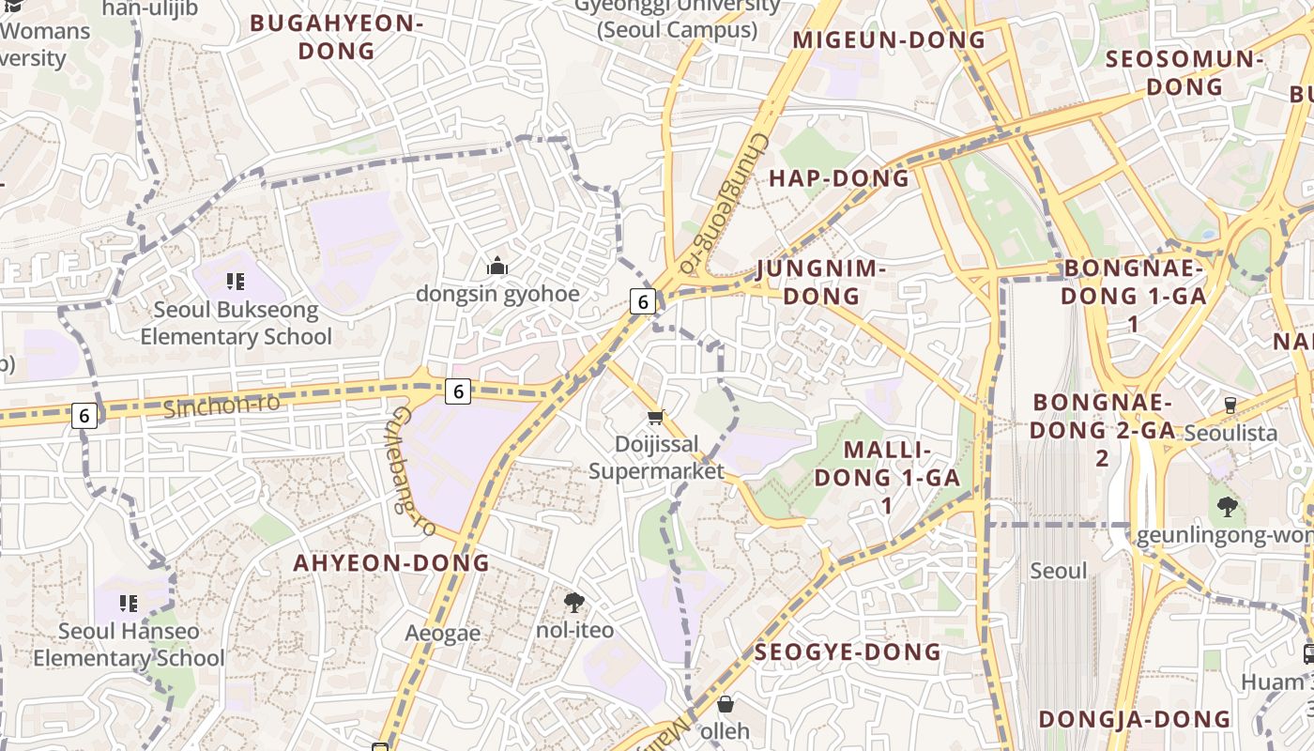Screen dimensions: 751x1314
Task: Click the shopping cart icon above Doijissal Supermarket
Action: (x=655, y=417)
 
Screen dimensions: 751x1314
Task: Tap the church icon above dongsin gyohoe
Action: (x=497, y=267)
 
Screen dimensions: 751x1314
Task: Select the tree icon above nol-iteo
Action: (x=573, y=602)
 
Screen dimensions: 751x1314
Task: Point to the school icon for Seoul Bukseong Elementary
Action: (x=235, y=281)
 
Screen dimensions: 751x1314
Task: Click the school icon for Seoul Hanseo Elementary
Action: (x=129, y=603)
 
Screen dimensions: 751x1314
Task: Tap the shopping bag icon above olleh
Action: (x=725, y=703)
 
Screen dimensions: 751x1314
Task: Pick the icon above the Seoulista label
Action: (x=1230, y=406)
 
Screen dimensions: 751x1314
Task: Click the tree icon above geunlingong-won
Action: (x=1227, y=508)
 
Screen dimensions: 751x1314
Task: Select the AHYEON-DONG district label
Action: (x=391, y=563)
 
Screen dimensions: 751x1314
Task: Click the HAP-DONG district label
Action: (x=839, y=178)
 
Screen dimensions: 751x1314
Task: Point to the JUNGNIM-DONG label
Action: (x=821, y=283)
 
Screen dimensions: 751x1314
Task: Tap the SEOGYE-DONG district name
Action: (x=848, y=651)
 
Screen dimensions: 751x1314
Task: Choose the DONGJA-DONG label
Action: (x=1134, y=719)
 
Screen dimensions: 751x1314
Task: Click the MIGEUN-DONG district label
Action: (x=889, y=39)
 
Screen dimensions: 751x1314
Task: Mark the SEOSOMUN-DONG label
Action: (x=1184, y=72)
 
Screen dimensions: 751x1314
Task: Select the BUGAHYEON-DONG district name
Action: (x=336, y=37)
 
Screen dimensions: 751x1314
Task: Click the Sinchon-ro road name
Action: (x=222, y=406)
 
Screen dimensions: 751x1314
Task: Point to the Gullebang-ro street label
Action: (x=414, y=471)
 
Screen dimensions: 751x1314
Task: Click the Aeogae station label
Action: (x=442, y=634)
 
